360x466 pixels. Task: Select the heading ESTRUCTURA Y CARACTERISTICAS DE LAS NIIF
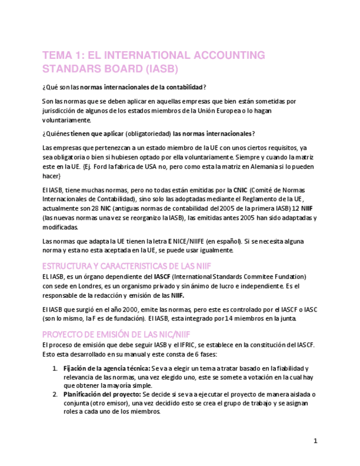point(135,266)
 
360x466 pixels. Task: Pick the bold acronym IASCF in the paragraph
point(163,276)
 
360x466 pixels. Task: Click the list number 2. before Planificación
point(56,394)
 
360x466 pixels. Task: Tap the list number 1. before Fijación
point(56,368)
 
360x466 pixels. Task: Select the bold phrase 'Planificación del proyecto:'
point(102,394)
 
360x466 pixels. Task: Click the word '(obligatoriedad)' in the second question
point(148,134)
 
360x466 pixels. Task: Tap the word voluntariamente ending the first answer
point(67,120)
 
